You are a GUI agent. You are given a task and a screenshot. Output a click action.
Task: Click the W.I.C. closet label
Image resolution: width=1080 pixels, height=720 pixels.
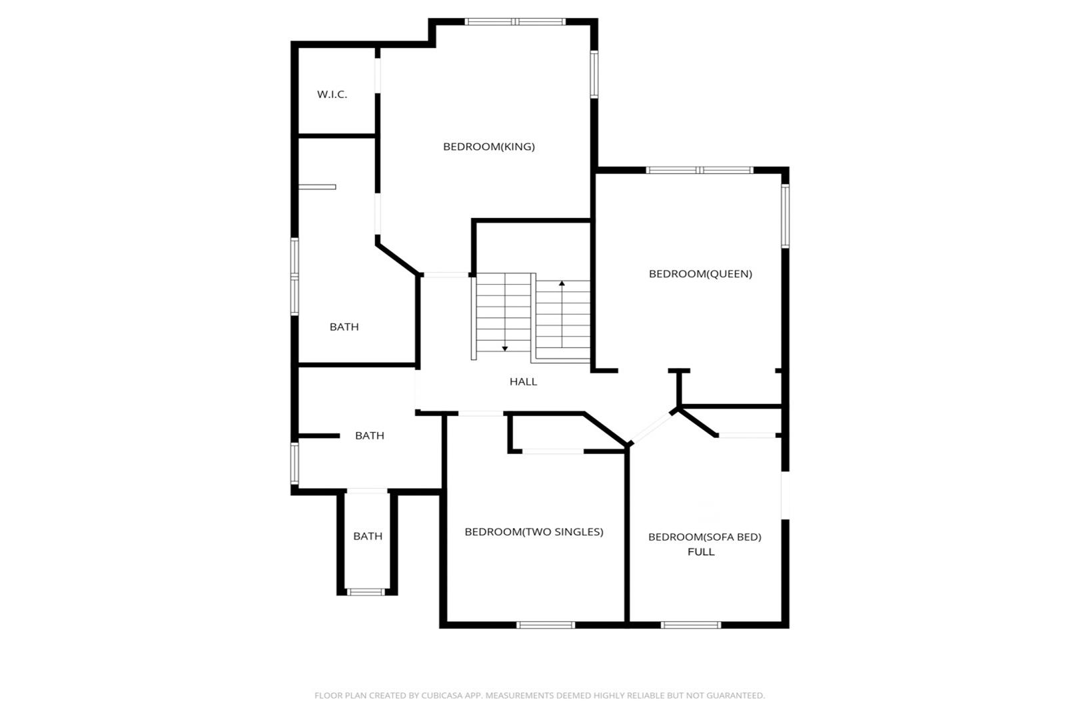(332, 95)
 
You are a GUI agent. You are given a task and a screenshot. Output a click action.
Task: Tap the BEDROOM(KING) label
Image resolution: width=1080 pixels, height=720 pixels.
(489, 147)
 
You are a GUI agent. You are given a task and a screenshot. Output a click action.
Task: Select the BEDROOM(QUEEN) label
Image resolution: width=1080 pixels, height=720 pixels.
(700, 274)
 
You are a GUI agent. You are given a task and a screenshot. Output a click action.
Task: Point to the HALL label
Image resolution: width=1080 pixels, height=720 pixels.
(523, 382)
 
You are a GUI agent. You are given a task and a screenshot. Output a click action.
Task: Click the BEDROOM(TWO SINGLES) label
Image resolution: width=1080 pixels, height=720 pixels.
(534, 532)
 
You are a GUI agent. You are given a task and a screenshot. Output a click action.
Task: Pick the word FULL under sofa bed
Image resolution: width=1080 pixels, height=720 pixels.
(700, 551)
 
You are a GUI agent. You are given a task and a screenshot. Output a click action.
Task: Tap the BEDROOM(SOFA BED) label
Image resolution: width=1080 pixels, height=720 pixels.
(704, 537)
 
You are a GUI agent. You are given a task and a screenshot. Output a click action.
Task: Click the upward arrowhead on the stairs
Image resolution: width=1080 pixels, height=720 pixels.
(562, 284)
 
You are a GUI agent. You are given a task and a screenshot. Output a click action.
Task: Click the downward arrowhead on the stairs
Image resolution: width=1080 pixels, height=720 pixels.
(505, 349)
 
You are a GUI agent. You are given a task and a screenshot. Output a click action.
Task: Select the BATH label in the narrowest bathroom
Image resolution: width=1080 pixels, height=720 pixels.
(367, 536)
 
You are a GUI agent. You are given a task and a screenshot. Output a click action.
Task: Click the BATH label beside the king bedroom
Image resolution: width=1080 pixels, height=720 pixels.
(344, 327)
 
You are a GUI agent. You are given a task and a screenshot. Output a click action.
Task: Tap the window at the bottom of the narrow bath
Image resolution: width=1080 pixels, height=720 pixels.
(366, 592)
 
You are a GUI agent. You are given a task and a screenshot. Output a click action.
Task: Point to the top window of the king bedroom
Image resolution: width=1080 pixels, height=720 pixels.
(515, 22)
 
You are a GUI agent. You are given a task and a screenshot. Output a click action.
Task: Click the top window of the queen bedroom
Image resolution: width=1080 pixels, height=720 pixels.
(699, 170)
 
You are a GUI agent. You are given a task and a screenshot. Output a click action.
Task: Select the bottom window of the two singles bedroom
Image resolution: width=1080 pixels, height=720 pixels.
(546, 625)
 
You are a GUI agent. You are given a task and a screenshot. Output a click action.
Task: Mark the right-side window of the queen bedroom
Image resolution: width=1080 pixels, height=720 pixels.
(786, 216)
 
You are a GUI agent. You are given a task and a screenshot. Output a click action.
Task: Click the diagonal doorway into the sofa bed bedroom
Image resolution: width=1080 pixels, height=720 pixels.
(652, 428)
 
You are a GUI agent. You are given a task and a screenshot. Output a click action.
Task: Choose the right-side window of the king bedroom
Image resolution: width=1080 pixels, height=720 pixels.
(594, 74)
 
